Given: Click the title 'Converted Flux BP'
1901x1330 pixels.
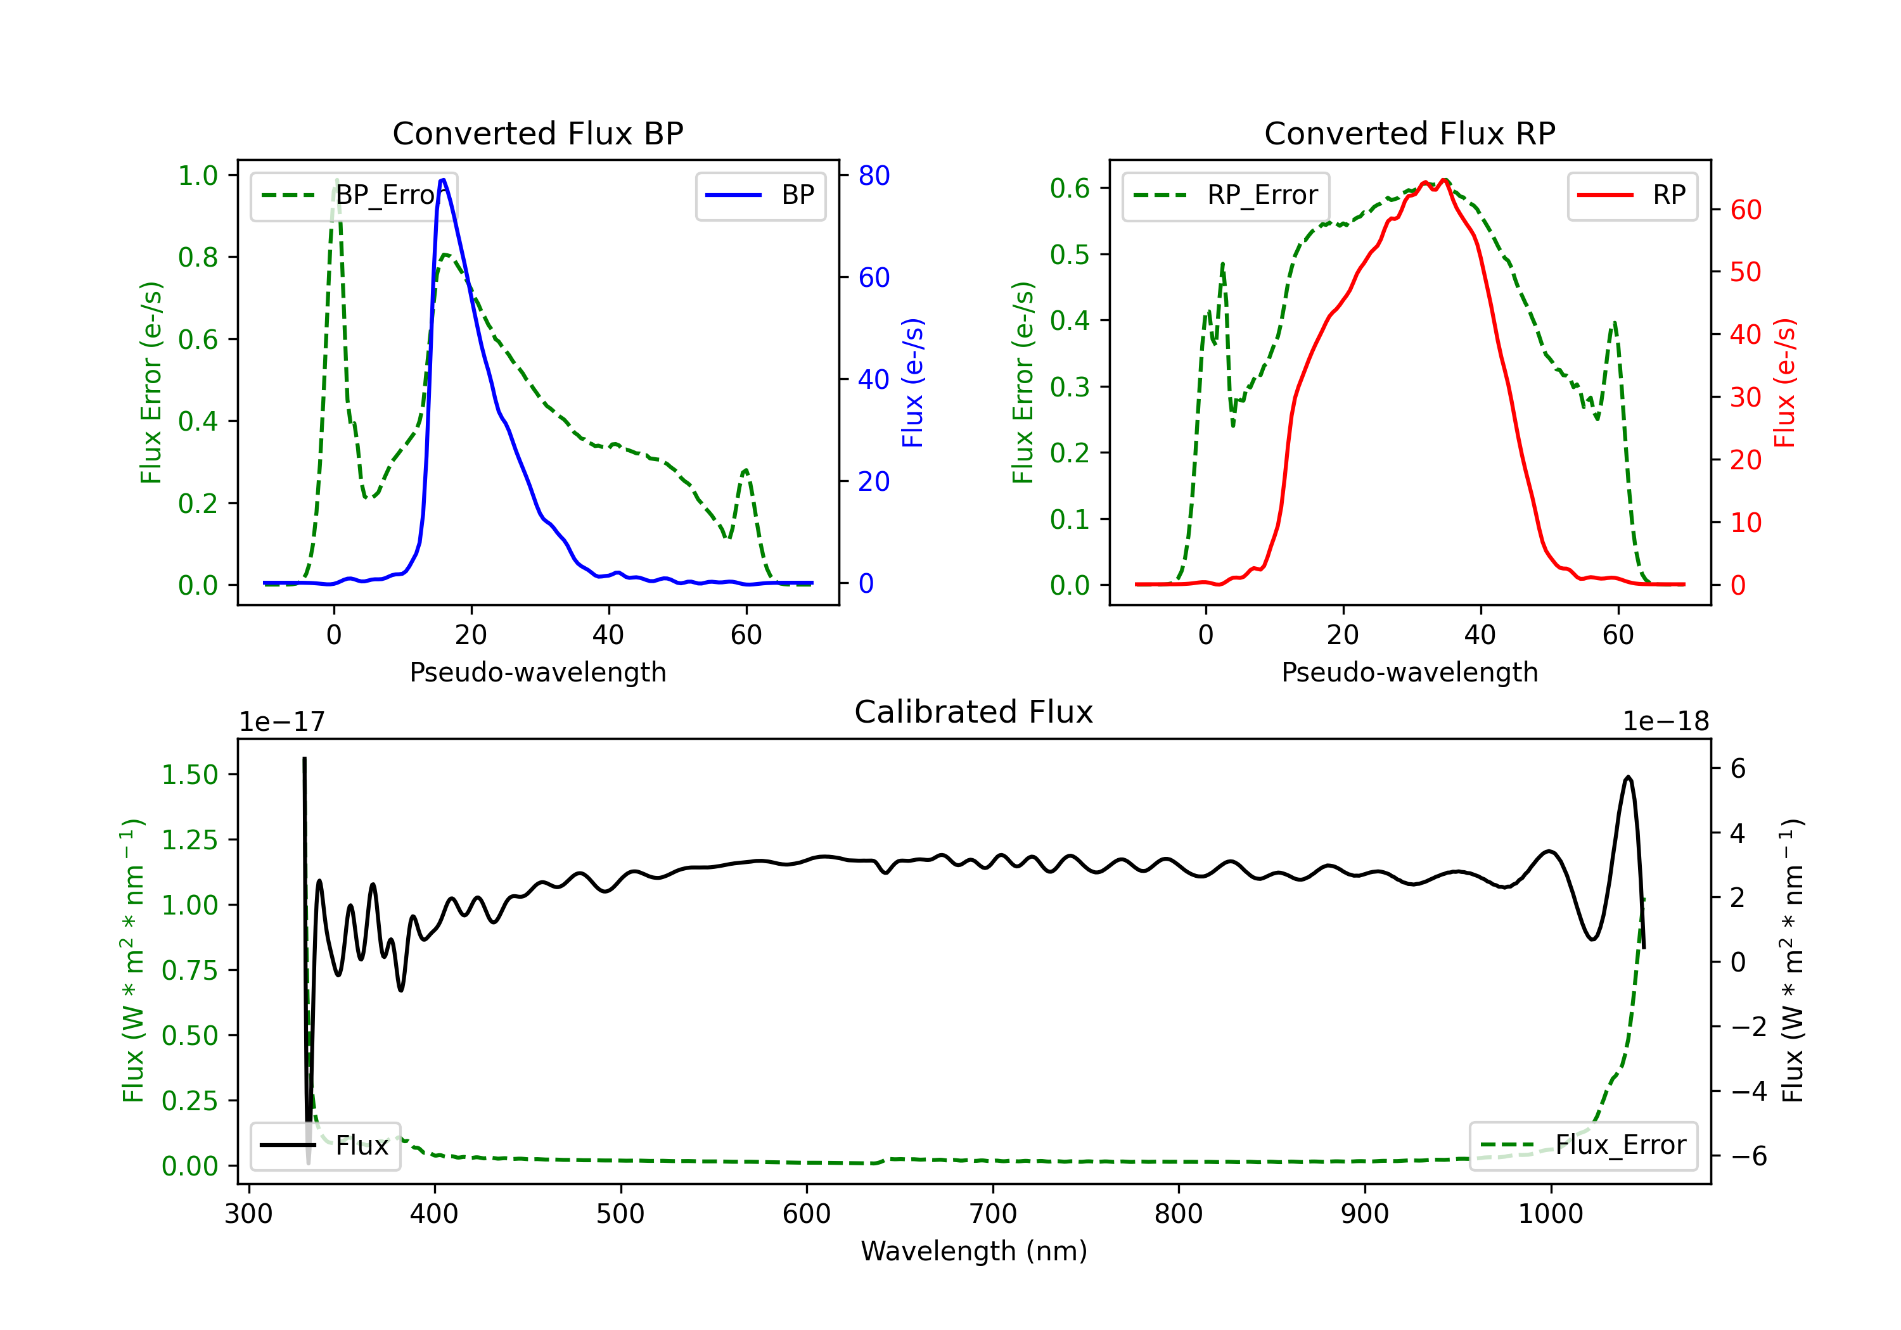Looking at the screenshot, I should [537, 133].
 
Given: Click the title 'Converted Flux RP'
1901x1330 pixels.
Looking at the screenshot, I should [1409, 133].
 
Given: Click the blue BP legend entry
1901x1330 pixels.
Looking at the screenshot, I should [760, 195].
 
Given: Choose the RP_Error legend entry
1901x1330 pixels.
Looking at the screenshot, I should [1226, 195].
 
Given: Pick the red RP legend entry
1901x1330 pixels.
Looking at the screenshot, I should [1631, 195].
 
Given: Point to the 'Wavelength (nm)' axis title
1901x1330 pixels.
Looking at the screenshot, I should [974, 1251].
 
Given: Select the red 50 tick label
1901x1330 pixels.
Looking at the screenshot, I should [1745, 272].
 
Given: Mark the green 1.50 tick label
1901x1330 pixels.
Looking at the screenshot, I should [189, 775].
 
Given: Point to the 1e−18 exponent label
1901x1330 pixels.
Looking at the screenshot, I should [1665, 722].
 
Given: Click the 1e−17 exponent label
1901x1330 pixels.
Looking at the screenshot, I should [281, 722].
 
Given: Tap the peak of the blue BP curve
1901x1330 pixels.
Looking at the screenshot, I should [443, 180].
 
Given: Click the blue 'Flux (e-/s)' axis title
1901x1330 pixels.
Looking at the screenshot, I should [912, 383].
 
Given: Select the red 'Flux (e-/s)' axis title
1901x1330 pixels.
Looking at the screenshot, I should [1784, 383].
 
